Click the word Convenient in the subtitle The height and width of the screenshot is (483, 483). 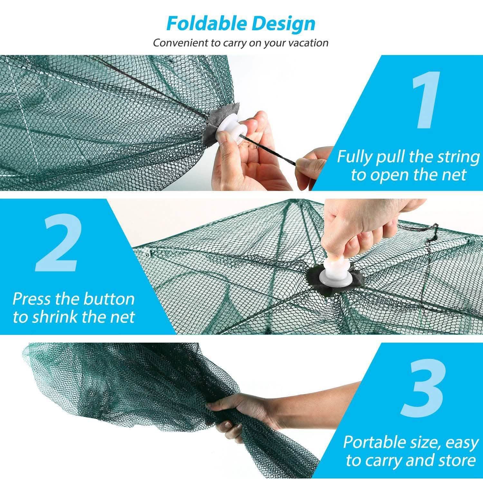tap(181, 43)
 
